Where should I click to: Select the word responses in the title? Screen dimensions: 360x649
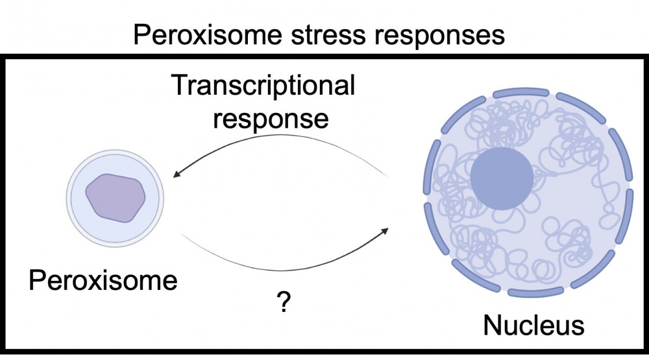pos(439,34)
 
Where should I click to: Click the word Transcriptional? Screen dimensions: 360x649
pos(263,86)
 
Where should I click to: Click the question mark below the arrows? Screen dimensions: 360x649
pos(283,303)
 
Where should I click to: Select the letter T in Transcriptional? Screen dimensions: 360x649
pos(180,86)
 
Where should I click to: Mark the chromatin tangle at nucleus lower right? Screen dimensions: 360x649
pos(571,240)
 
